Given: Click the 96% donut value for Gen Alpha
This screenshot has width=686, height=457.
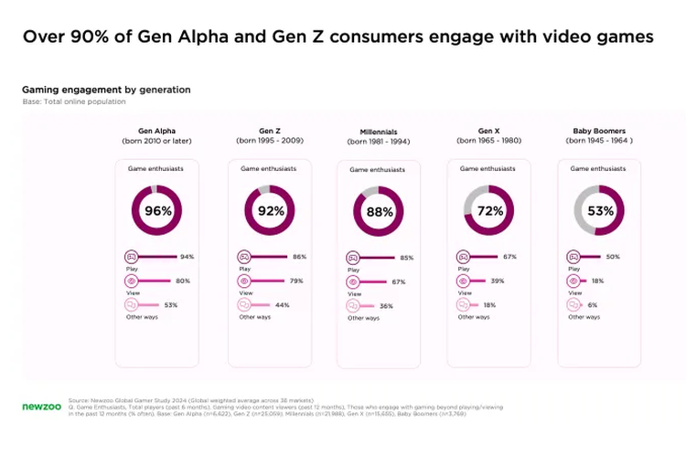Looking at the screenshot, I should tap(158, 211).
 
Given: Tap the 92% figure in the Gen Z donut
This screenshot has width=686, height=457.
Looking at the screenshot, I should tap(270, 211).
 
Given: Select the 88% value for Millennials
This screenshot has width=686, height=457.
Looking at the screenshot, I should tap(380, 212).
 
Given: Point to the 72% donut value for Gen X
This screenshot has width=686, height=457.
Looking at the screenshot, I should tap(489, 211).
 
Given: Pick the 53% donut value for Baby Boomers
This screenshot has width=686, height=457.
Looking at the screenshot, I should tap(599, 211).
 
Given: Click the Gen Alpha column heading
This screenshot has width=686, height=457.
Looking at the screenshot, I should tap(157, 131).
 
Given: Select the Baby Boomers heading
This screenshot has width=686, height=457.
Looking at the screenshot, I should tap(599, 131).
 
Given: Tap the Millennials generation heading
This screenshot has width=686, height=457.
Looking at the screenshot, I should tap(379, 132).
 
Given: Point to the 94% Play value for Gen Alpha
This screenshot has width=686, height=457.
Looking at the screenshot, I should tap(188, 257).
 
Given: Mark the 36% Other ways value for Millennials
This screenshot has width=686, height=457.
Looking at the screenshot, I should tap(386, 306).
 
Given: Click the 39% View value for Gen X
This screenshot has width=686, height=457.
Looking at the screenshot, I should tap(498, 281).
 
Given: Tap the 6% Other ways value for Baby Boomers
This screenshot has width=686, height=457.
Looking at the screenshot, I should tap(593, 304).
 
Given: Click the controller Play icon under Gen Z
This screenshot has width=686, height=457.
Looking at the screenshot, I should tap(244, 257).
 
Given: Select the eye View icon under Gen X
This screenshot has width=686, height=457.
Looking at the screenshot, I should tap(464, 281).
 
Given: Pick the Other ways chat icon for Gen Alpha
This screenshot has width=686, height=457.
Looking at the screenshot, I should tap(132, 304).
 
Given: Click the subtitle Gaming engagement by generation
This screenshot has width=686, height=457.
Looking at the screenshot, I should tap(106, 90).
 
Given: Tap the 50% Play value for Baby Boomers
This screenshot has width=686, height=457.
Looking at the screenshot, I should tap(614, 257).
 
